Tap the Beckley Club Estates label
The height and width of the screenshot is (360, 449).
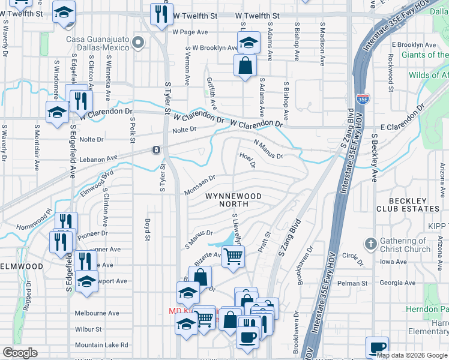coord(408,204)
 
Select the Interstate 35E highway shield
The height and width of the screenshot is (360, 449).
coord(363,98)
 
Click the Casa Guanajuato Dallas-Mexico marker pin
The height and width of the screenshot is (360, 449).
coord(139,42)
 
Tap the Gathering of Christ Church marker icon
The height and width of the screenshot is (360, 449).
coord(371,244)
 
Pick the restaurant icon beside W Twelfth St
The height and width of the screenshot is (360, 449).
coord(160,14)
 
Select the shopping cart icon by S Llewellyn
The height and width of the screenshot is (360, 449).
coord(233,256)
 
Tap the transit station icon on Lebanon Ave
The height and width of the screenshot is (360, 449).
coord(156,149)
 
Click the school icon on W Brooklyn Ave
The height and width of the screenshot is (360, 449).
coord(247,43)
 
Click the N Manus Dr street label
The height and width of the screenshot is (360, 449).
coord(268,148)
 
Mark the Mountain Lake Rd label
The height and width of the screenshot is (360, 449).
coord(101,345)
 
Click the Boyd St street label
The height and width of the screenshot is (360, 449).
coord(146,230)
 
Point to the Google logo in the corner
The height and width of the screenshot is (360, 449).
coord(20,353)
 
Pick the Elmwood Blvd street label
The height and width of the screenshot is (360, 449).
coord(96,184)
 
